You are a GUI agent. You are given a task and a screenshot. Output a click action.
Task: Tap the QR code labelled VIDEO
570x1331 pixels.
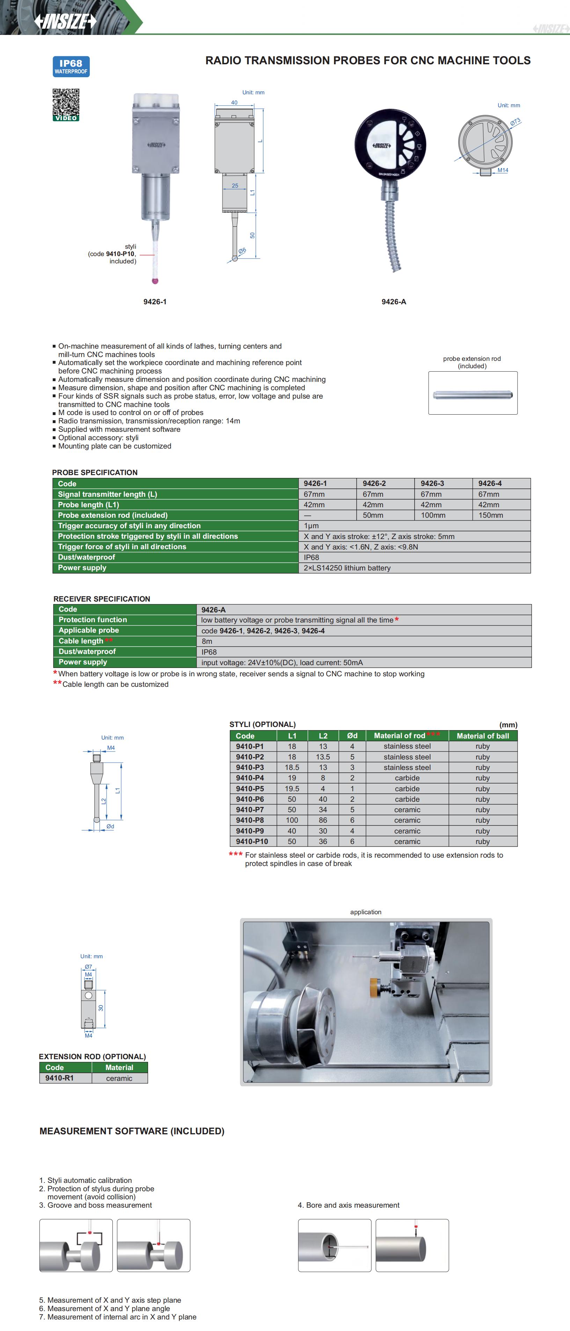coord(66,104)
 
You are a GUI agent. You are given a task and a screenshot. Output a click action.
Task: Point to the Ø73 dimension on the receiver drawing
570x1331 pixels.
coord(515,122)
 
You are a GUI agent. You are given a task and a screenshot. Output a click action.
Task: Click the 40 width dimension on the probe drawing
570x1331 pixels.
coord(234,102)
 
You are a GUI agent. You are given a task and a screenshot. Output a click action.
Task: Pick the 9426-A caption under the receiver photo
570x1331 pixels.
coord(394,302)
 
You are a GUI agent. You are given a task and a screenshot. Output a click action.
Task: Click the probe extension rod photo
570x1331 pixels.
coord(472,395)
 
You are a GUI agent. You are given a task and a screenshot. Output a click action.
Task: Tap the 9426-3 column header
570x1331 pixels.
coord(432,483)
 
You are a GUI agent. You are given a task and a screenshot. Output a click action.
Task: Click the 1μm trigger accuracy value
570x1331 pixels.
coord(311,525)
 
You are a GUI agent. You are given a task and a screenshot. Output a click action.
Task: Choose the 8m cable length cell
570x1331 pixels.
coord(207,641)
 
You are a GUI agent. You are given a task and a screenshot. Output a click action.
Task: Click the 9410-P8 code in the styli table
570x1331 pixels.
coord(250,820)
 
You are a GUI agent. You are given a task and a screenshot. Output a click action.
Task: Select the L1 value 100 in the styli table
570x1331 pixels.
coord(292,820)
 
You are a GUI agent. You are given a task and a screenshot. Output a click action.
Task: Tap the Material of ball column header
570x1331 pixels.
coord(483,736)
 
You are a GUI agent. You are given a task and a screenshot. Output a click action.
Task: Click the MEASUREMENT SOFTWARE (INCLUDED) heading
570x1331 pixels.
coord(132,1131)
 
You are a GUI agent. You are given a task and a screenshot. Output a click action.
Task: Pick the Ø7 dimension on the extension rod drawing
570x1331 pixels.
coord(88,967)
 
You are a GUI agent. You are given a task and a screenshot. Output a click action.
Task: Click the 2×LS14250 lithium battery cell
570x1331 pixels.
coord(347,568)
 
